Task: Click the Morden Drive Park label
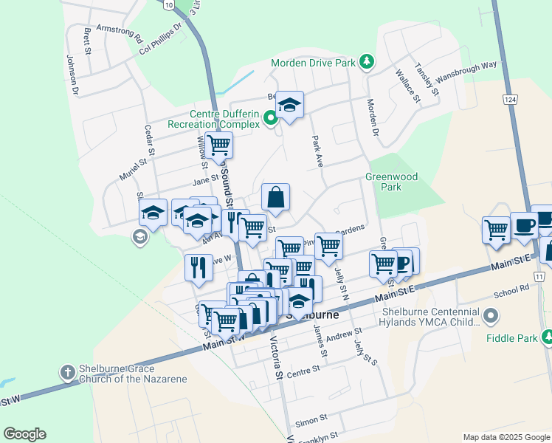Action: point(313,63)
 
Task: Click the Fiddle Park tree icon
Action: point(548,337)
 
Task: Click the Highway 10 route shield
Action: point(170,5)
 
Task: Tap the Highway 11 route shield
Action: point(540,276)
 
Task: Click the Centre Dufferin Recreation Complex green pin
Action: point(271,117)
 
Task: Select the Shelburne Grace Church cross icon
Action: point(67,373)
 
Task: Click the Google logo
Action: point(24,434)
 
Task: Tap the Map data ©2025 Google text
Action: point(506,437)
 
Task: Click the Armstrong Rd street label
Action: point(119,32)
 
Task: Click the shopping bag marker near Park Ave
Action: point(275,198)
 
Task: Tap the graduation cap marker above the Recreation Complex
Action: point(290,106)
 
